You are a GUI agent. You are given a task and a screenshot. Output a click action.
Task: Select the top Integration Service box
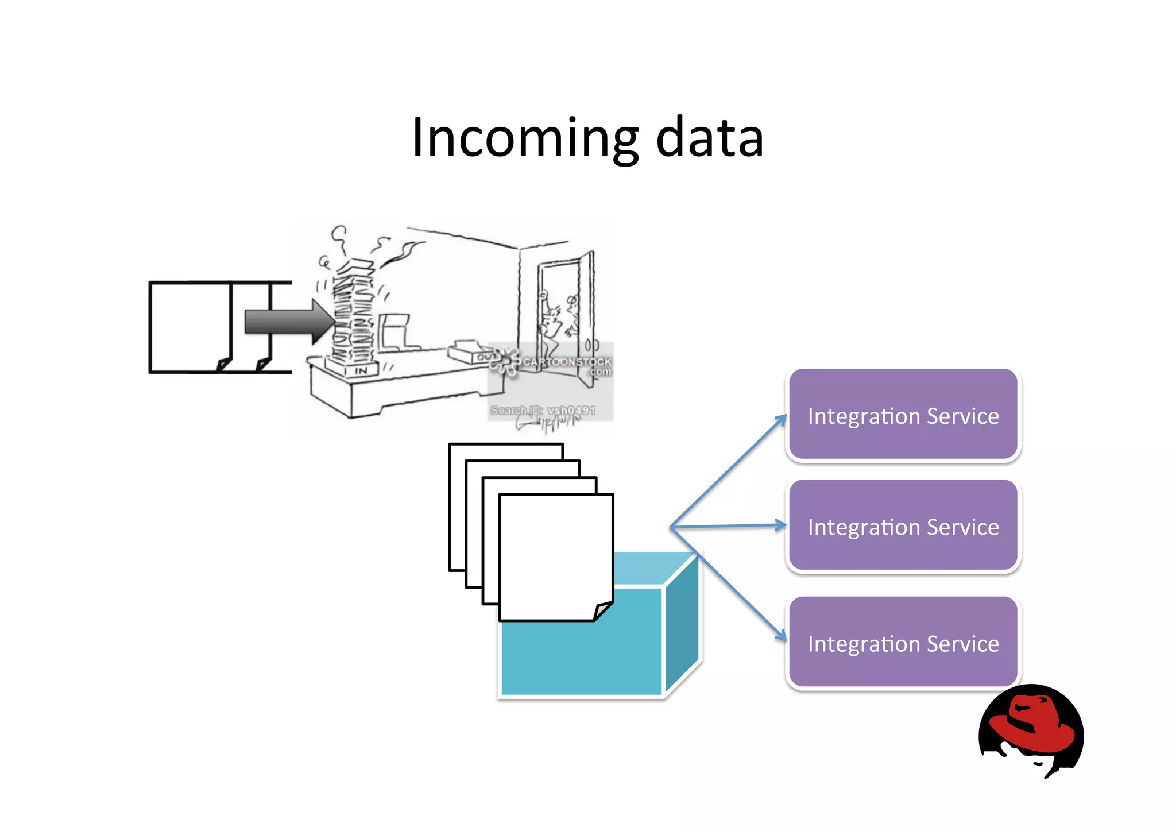point(903,415)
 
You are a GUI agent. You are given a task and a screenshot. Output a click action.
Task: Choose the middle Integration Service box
point(903,526)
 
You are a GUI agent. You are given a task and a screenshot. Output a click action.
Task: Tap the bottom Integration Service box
point(903,643)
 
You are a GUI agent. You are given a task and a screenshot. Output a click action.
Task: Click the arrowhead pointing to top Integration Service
point(781,419)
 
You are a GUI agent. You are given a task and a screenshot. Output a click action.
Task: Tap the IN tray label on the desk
point(361,371)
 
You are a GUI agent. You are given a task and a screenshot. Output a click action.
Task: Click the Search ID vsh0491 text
point(543,410)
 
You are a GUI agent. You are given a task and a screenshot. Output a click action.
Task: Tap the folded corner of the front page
point(603,610)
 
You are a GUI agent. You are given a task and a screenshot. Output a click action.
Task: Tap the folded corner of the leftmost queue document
point(224,364)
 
